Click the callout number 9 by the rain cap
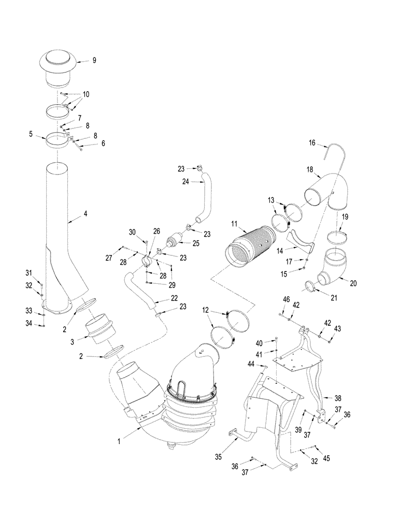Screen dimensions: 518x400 [x=94, y=60]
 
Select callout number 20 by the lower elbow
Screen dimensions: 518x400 [x=353, y=283]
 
